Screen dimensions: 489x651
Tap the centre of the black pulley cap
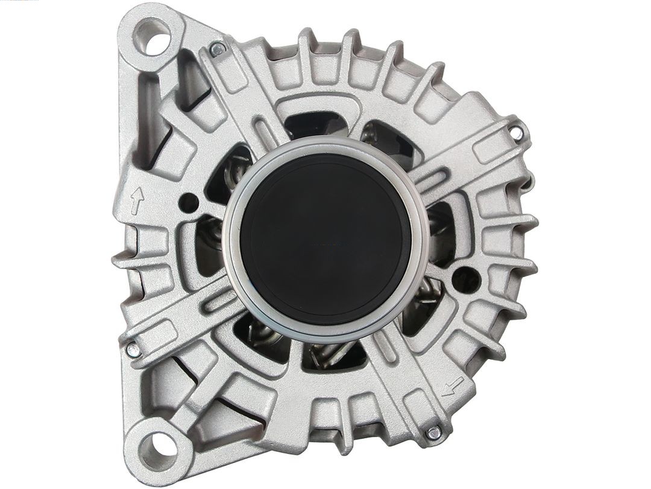click(325, 239)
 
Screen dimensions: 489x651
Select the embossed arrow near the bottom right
click(453, 386)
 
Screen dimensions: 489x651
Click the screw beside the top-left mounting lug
click(218, 48)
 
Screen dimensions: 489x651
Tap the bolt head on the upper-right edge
click(516, 133)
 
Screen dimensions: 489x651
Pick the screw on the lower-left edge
click(133, 349)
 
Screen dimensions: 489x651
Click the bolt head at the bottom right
click(433, 432)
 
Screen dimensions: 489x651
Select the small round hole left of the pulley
click(189, 202)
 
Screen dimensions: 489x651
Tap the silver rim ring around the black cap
click(231, 241)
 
